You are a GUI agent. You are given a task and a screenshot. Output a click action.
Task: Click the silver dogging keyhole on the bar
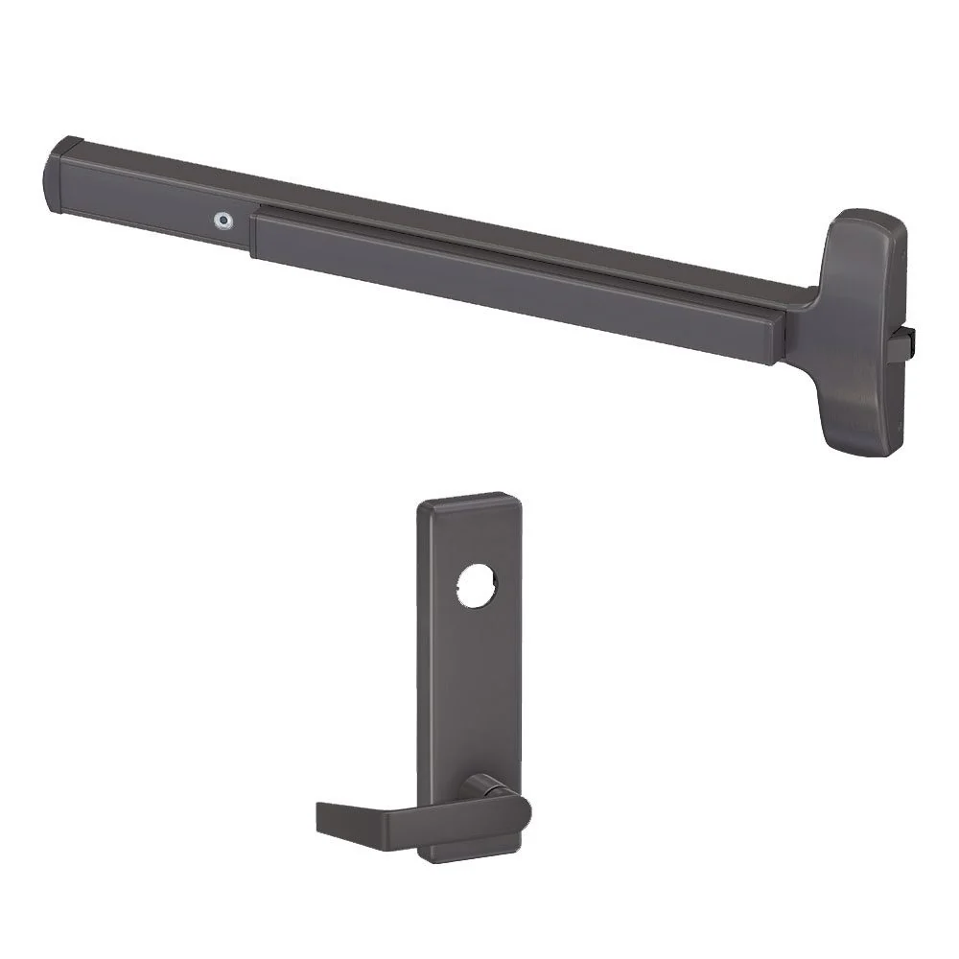[223, 220]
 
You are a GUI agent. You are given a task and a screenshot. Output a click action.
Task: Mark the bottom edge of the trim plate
[474, 855]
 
